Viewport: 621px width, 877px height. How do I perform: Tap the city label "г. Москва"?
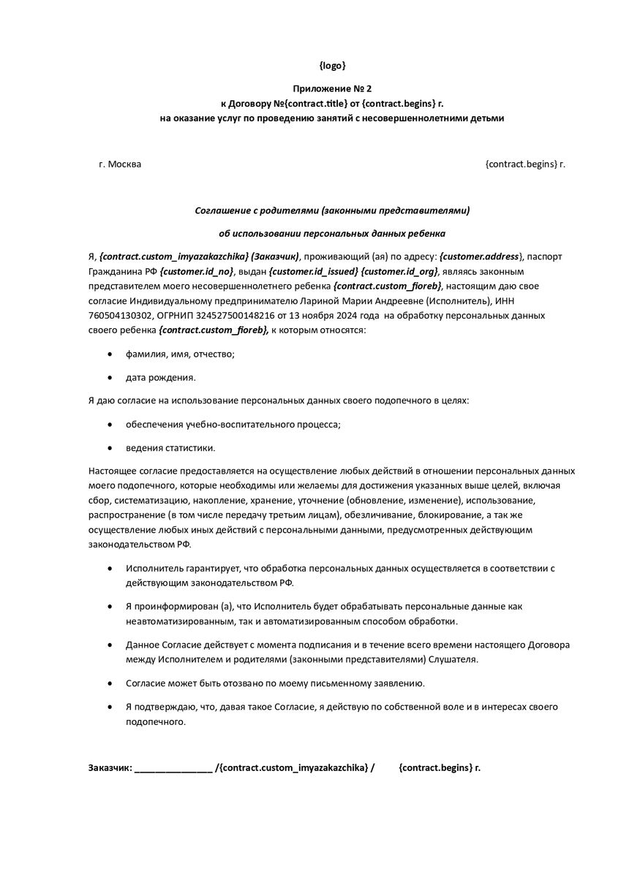pos(120,164)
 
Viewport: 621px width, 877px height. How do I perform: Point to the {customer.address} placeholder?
pos(481,257)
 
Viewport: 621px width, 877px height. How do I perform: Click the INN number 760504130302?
pos(118,315)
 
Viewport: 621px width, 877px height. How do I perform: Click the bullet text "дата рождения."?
pos(160,378)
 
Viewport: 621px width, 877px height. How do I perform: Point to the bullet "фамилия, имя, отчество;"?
pos(180,354)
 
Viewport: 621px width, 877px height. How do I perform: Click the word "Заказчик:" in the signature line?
pos(110,767)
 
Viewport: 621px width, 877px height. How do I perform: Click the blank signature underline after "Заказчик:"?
pos(174,769)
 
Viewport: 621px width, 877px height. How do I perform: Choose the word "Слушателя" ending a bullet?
pos(453,659)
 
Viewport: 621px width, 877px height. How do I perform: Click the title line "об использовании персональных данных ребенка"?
pos(332,234)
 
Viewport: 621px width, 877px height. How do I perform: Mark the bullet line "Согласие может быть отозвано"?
pos(274,683)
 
